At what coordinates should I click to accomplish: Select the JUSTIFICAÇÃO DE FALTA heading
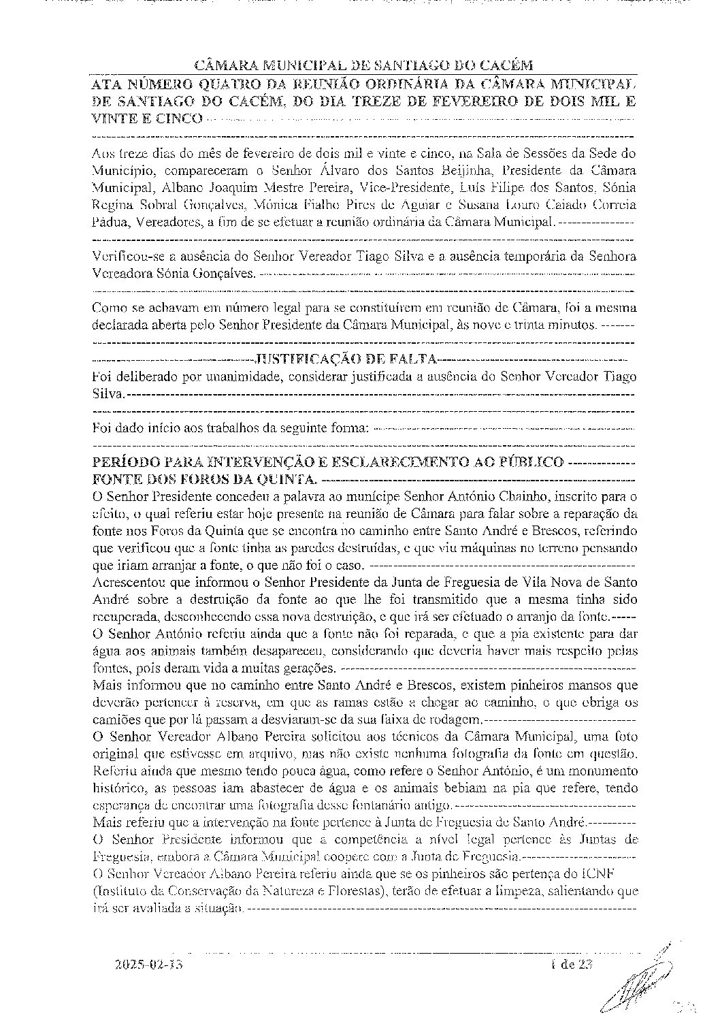pyautogui.click(x=345, y=359)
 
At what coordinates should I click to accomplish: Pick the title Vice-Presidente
pyautogui.click(x=403, y=187)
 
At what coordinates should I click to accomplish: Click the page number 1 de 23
pyautogui.click(x=572, y=964)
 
